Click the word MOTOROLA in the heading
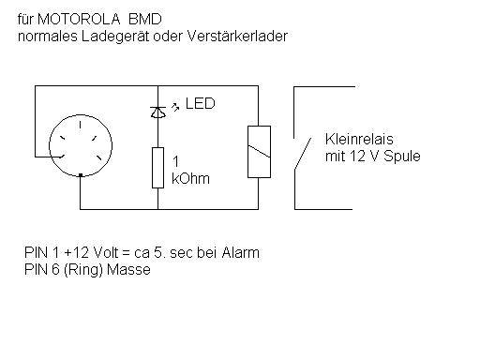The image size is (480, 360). tap(79, 19)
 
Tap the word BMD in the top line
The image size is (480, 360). tap(145, 19)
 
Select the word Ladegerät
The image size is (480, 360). tap(115, 37)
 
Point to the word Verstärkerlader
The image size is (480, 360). tap(237, 36)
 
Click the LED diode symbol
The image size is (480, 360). tap(158, 112)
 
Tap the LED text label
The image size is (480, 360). tap(201, 103)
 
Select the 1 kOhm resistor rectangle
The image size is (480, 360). tap(157, 168)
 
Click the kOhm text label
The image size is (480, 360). tap(190, 179)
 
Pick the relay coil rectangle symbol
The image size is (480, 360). tap(259, 152)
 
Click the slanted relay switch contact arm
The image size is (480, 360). tap(303, 154)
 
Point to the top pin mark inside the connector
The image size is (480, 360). tap(81, 125)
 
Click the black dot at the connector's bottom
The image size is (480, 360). tap(81, 175)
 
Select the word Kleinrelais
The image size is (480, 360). tap(359, 139)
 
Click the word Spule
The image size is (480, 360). tap(402, 157)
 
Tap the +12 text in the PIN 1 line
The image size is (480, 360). tap(76, 252)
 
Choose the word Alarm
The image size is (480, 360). tap(241, 252)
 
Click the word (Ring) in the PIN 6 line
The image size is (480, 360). tap(83, 270)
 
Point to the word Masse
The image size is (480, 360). tap(128, 269)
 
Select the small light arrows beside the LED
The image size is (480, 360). tap(175, 107)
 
